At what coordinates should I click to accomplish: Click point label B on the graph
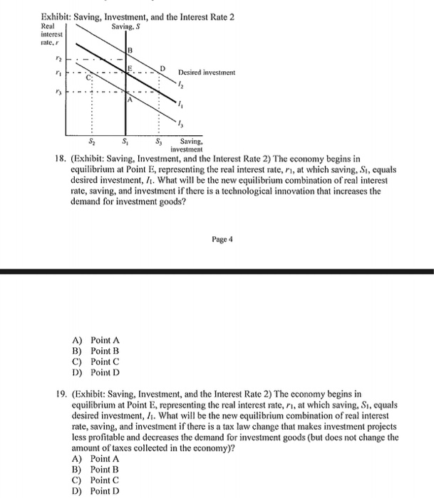(x=130, y=50)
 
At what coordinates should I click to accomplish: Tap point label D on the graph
(x=162, y=68)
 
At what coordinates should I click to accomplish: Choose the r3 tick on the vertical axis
(x=51, y=92)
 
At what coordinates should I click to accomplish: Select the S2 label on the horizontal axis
(x=90, y=142)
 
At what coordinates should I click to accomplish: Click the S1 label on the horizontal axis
(x=125, y=142)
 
